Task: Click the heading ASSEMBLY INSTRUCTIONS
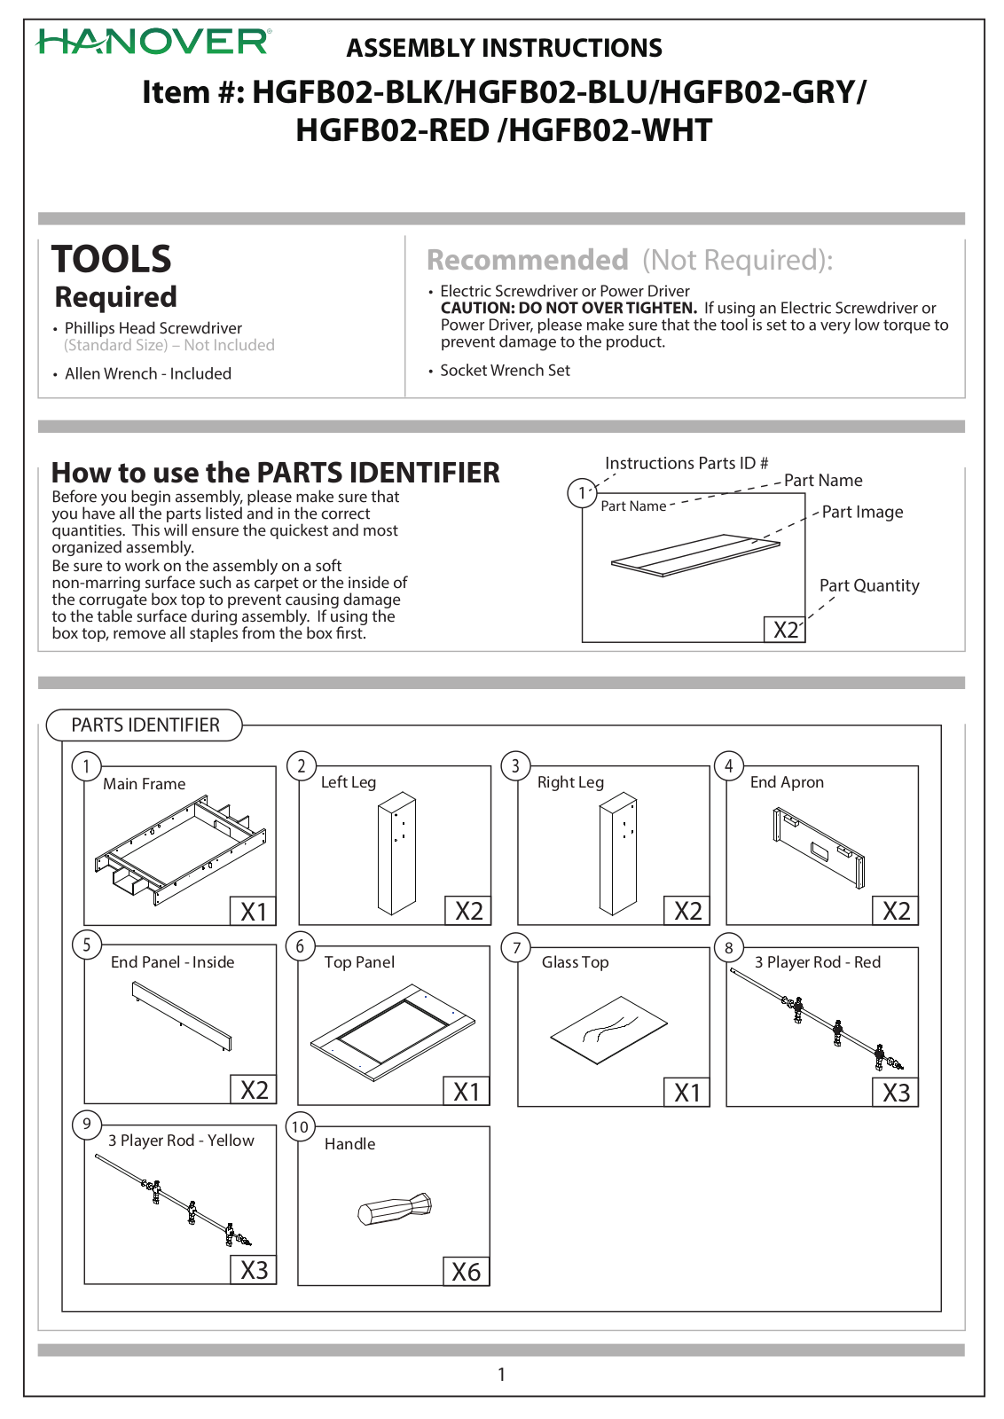pos(504,48)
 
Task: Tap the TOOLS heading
pos(112,258)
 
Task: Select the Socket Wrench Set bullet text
pos(505,371)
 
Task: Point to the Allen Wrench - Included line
pos(147,373)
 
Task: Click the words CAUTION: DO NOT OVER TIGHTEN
pos(569,309)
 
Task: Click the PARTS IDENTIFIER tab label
pos(145,725)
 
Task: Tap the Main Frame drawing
pos(181,851)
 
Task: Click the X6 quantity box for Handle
pos(467,1271)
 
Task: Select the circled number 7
pos(516,948)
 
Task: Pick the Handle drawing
pos(395,1209)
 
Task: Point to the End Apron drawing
pos(819,847)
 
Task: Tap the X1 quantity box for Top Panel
pos(467,1091)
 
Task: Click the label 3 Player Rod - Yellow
pos(181,1141)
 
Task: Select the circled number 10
pos(301,1127)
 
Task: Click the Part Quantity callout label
pos(869,585)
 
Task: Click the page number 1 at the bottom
pos(502,1374)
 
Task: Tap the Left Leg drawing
pos(397,853)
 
